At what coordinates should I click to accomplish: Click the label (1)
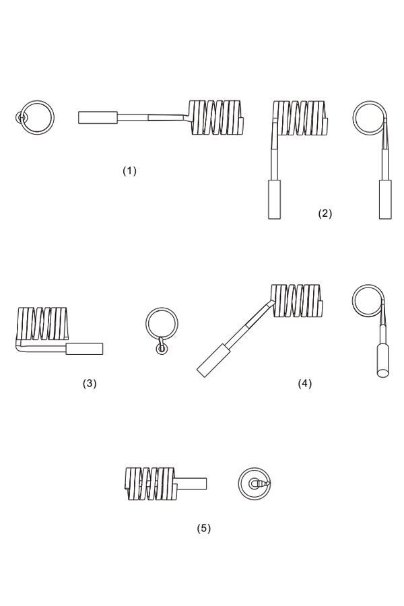coord(129,171)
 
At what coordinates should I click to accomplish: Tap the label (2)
coord(325,213)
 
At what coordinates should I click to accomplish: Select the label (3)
coord(90,383)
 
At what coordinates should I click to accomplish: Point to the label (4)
coord(304,383)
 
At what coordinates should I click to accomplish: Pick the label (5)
coord(204,528)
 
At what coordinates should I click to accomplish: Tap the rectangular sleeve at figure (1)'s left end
coord(98,117)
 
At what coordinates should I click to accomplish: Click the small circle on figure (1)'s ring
coord(21,117)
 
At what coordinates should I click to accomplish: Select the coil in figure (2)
coord(300,118)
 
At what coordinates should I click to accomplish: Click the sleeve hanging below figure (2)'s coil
coord(274,199)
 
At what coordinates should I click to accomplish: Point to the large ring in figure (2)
coord(370,118)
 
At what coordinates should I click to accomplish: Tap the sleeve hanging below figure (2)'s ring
coord(385,199)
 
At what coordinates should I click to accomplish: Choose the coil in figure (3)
coord(43,323)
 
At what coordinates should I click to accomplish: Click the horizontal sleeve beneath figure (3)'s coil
coord(84,349)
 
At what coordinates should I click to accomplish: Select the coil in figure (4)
coord(296,301)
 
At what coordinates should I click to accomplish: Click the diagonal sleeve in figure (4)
coord(212,360)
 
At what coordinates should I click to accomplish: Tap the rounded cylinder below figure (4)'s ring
coord(382,361)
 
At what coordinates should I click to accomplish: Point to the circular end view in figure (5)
coord(254,483)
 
